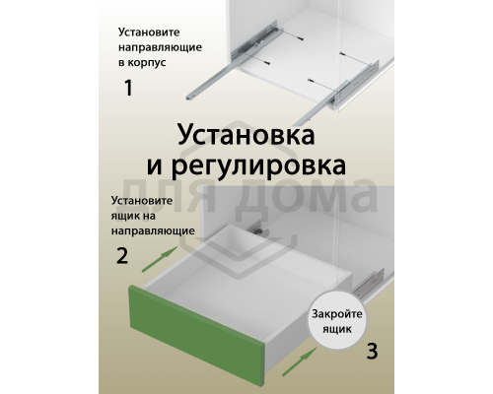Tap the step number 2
coord(122,257)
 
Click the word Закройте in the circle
coord(336,313)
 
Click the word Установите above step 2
coord(138,201)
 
